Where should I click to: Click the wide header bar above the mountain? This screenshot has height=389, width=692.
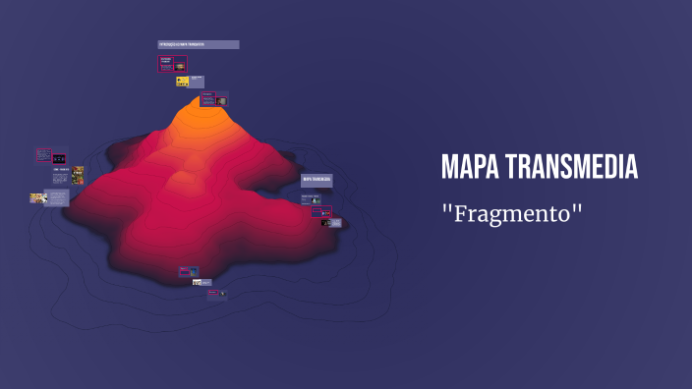pyautogui.click(x=199, y=44)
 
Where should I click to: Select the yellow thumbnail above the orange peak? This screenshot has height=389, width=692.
pyautogui.click(x=183, y=81)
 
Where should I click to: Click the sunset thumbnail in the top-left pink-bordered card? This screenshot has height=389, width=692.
pyautogui.click(x=180, y=64)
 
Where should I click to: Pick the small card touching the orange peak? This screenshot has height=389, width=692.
pyautogui.click(x=214, y=99)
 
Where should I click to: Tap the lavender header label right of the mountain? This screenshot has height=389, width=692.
pyautogui.click(x=317, y=180)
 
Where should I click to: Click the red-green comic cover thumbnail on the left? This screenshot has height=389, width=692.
pyautogui.click(x=78, y=176)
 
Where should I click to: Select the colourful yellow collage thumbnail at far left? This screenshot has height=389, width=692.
pyautogui.click(x=38, y=197)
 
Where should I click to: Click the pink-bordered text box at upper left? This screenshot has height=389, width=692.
pyautogui.click(x=43, y=154)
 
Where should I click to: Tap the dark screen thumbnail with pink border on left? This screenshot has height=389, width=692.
pyautogui.click(x=59, y=157)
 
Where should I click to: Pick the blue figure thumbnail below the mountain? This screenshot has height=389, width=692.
pyautogui.click(x=193, y=271)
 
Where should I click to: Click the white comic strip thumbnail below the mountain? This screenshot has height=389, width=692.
pyautogui.click(x=198, y=283)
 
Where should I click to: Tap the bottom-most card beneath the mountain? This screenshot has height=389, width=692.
pyautogui.click(x=216, y=293)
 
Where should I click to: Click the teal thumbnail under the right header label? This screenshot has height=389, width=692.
pyautogui.click(x=316, y=199)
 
